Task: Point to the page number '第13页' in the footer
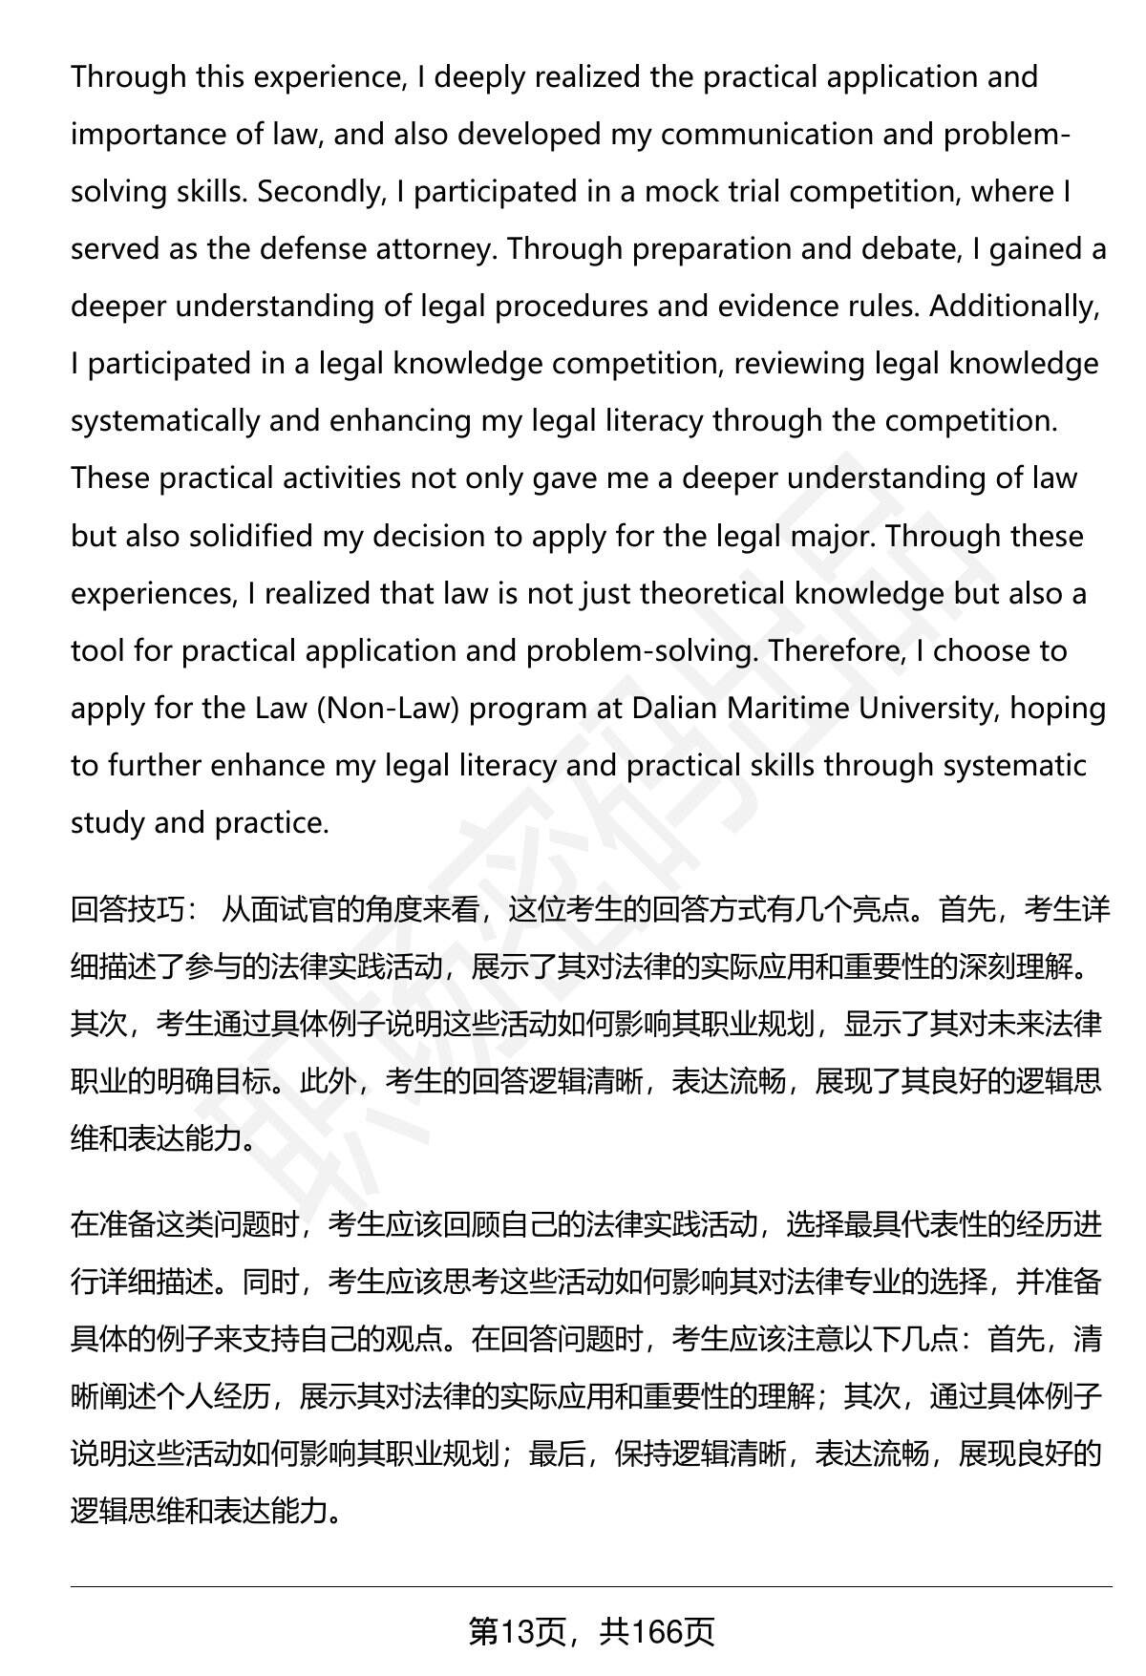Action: pyautogui.click(x=521, y=1632)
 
